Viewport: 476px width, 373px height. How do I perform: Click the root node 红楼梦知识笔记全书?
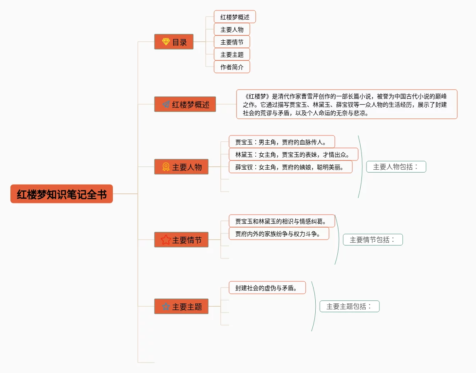pyautogui.click(x=62, y=194)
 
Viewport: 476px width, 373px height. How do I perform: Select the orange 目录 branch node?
pyautogui.click(x=174, y=42)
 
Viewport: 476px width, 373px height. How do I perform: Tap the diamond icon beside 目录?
pyautogui.click(x=166, y=42)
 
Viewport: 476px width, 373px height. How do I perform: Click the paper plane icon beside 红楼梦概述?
pyautogui.click(x=166, y=105)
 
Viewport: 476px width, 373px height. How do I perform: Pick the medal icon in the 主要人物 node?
pyautogui.click(x=166, y=167)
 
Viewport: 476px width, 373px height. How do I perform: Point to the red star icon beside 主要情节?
pyautogui.click(x=166, y=240)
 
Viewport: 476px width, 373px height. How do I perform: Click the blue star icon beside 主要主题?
pyautogui.click(x=166, y=306)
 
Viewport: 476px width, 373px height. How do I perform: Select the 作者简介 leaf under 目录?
pyautogui.click(x=232, y=67)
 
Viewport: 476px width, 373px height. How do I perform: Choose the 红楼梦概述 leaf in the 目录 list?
pyautogui.click(x=234, y=17)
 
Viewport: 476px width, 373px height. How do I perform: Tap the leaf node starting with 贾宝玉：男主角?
pyautogui.click(x=282, y=142)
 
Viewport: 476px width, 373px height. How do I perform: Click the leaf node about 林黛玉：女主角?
pyautogui.click(x=293, y=154)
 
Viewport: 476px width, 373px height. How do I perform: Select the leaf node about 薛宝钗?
pyautogui.click(x=291, y=167)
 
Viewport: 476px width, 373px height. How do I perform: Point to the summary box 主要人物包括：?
pyautogui.click(x=396, y=167)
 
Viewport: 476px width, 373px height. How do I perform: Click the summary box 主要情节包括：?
pyautogui.click(x=373, y=240)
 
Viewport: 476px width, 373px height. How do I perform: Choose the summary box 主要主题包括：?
pyautogui.click(x=349, y=306)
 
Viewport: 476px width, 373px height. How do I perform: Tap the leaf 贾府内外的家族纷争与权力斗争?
pyautogui.click(x=279, y=233)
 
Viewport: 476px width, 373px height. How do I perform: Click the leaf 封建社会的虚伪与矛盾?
pyautogui.click(x=267, y=288)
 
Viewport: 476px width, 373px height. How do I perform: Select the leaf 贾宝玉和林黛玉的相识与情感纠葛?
pyautogui.click(x=282, y=221)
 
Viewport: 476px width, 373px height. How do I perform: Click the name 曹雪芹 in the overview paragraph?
pyautogui.click(x=310, y=97)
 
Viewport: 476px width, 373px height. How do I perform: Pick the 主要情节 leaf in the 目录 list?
pyautogui.click(x=232, y=42)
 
